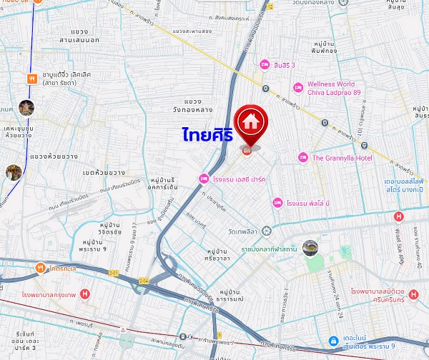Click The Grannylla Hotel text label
(x=339, y=157)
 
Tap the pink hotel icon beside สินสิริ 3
(x=265, y=65)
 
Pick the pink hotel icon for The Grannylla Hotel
(x=302, y=157)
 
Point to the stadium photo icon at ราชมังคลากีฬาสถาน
(x=310, y=247)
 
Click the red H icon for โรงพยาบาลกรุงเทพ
(x=85, y=294)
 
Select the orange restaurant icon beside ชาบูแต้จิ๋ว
(x=31, y=78)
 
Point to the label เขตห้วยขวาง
(x=104, y=172)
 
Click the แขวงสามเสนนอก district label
(x=89, y=36)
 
